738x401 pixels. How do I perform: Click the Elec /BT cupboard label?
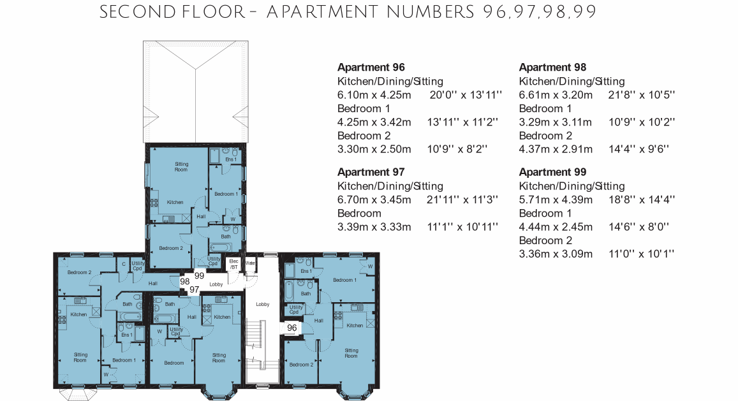click(233, 265)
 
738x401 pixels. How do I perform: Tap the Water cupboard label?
click(250, 263)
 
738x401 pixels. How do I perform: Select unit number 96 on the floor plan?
click(292, 328)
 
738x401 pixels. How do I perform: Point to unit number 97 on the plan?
click(195, 290)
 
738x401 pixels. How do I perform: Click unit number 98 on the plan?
click(185, 281)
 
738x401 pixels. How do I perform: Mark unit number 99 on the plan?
click(199, 276)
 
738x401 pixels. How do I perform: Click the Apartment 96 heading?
click(371, 68)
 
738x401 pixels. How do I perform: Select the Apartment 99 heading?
click(552, 171)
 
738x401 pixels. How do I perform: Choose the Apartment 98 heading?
click(552, 68)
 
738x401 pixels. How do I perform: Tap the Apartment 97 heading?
click(371, 171)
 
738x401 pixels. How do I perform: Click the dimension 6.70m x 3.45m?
click(374, 200)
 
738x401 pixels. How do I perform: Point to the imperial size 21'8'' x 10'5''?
click(642, 94)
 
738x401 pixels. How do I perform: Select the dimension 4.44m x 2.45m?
click(556, 227)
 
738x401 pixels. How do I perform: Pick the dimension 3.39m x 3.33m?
click(374, 227)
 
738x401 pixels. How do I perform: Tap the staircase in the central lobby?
click(255, 350)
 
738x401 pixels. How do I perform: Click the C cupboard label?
click(124, 264)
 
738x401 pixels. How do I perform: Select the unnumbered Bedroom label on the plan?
click(174, 363)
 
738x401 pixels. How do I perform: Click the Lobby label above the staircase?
click(263, 305)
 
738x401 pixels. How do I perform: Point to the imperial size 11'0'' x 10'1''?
click(642, 254)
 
